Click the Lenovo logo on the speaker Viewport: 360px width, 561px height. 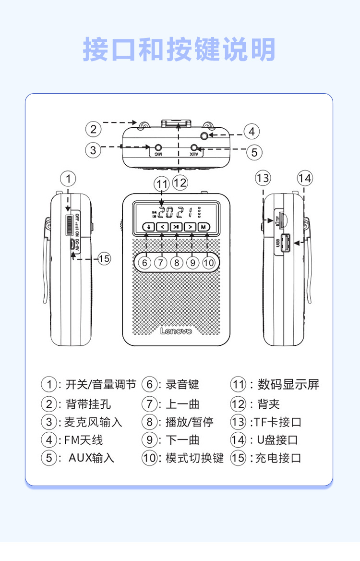pos(176,331)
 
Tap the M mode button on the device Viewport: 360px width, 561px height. pos(204,227)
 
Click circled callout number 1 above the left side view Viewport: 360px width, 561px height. pos(68,179)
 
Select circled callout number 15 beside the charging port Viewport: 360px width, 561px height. pos(104,258)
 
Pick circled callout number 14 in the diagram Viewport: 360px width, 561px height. pos(304,179)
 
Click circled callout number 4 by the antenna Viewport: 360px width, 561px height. pos(251,131)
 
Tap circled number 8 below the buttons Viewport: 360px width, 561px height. pos(177,263)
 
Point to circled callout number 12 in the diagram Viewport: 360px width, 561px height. pos(180,183)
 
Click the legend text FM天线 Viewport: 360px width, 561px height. pos(84,440)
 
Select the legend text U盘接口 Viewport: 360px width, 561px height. pos(277,440)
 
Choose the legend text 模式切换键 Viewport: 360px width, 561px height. pos(195,458)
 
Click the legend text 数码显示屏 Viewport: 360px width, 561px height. pos(288,384)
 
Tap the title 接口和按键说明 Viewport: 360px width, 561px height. pos(180,50)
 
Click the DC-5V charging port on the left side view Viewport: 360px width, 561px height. pos(71,244)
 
